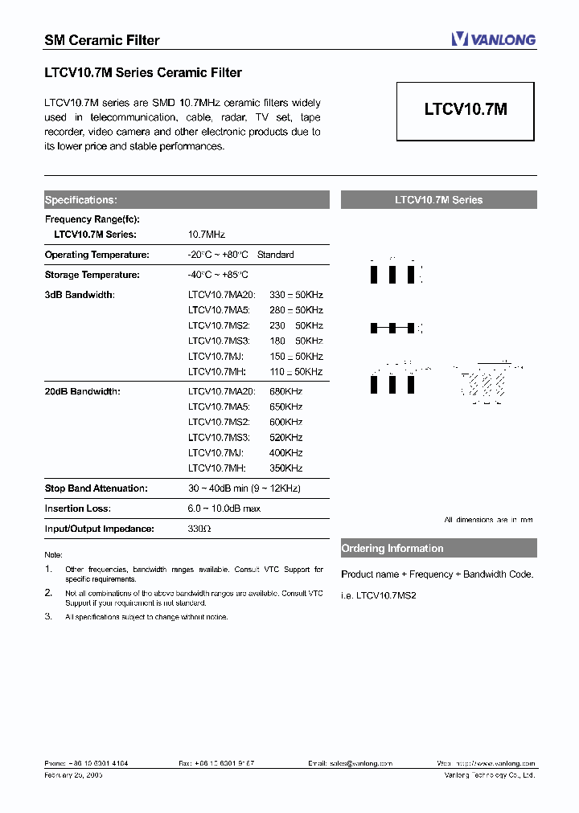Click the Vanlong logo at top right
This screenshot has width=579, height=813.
493,39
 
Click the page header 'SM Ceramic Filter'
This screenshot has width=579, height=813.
101,40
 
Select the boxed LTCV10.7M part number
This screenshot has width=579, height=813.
466,110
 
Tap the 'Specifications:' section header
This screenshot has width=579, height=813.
80,200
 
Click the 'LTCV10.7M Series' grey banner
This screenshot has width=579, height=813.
438,200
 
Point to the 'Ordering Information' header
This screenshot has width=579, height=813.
392,549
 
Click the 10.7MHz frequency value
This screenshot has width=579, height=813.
207,235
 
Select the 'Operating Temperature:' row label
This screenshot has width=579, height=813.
97,255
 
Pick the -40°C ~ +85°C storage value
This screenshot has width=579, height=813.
218,275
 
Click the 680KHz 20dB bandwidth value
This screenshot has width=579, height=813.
285,391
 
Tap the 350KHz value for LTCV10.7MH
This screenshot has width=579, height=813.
285,468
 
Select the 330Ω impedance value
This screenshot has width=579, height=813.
199,529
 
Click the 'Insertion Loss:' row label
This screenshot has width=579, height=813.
78,509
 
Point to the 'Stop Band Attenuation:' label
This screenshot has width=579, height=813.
96,488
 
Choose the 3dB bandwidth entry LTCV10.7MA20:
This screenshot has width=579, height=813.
221,295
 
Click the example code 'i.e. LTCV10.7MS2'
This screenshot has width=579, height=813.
379,594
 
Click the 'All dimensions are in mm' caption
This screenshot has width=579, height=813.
489,521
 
